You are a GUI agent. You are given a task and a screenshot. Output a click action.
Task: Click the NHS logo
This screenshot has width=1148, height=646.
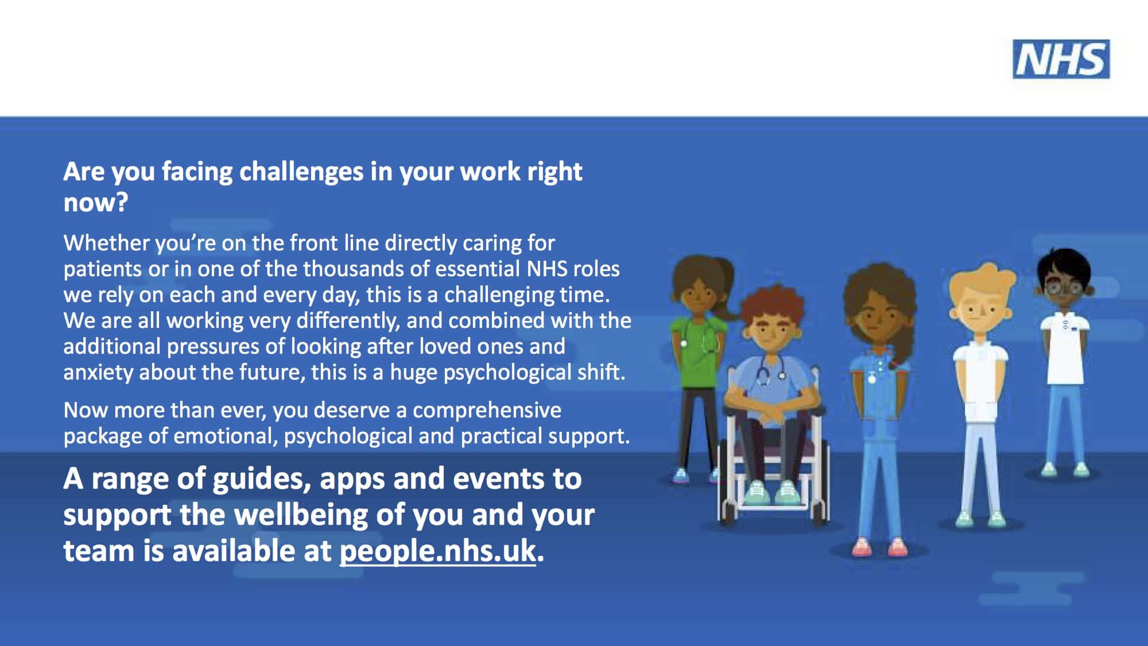tap(1061, 59)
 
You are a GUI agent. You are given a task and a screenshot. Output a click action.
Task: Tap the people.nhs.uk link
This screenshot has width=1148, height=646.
tap(438, 551)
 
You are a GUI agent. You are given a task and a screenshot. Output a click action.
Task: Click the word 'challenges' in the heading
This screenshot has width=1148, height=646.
tap(301, 172)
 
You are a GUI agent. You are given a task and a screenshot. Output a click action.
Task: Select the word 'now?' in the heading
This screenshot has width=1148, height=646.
tap(95, 203)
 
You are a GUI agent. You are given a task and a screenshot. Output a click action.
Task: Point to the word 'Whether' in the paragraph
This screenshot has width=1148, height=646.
tap(106, 243)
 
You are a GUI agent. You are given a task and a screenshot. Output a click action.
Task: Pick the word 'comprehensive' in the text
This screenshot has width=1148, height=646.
tap(487, 411)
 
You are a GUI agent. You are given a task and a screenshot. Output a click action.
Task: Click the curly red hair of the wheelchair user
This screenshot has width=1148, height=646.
tap(768, 305)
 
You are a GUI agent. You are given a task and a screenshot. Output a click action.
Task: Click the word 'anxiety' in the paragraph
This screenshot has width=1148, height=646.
tap(98, 373)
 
